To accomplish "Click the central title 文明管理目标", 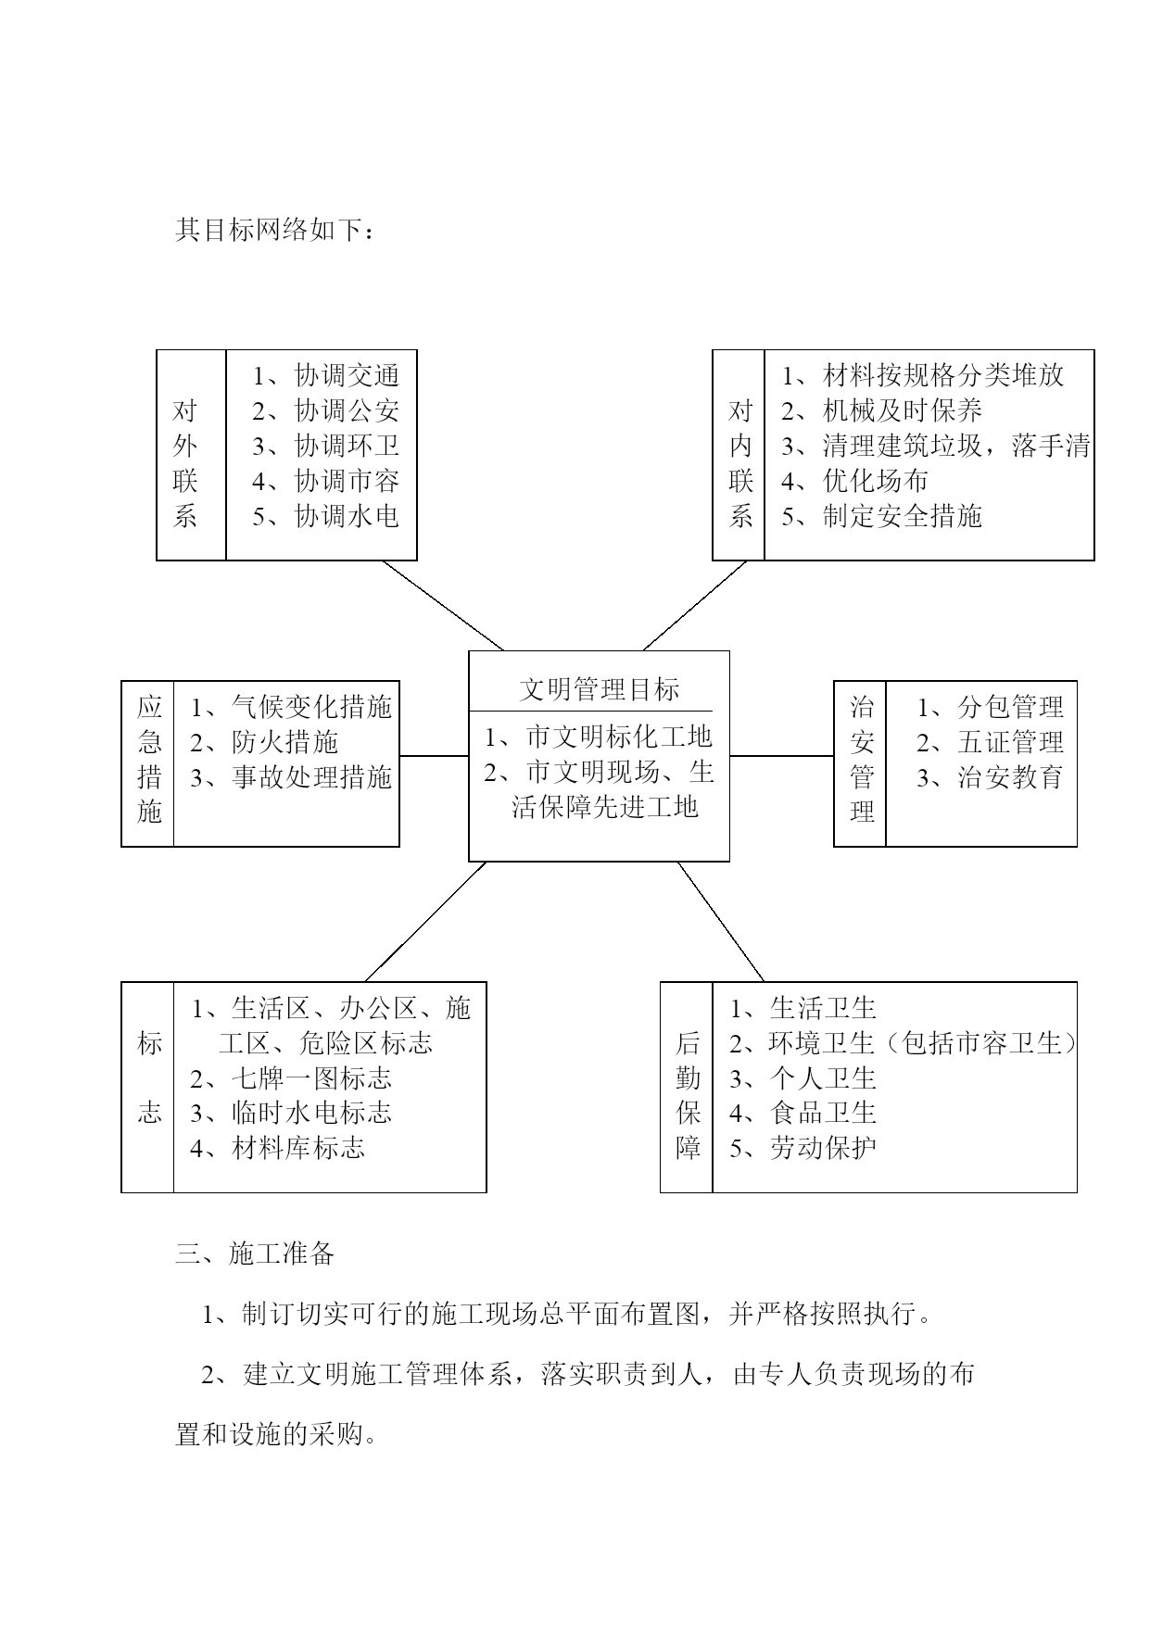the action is tap(599, 689).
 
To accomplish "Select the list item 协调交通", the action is tap(347, 375).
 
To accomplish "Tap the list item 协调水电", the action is tap(347, 516).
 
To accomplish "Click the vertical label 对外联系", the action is tap(185, 463).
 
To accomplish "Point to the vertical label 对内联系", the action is tap(740, 463).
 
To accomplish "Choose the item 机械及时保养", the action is tap(902, 410).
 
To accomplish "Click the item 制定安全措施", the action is tap(902, 516).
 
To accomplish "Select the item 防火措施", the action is tap(285, 742).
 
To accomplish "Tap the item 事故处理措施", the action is tap(312, 777).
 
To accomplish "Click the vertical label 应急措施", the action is tap(149, 760).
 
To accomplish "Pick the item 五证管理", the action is tap(1010, 742).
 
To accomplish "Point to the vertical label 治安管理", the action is tap(862, 760).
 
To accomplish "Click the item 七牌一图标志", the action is tap(312, 1078).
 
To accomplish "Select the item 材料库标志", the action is tap(298, 1149).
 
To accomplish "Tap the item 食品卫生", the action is tap(823, 1113).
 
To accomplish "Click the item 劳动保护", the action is tap(823, 1149).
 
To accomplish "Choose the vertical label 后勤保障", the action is tap(688, 1095).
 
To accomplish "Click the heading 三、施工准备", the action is tap(255, 1253).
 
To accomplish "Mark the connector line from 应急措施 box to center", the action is tap(434, 756).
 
